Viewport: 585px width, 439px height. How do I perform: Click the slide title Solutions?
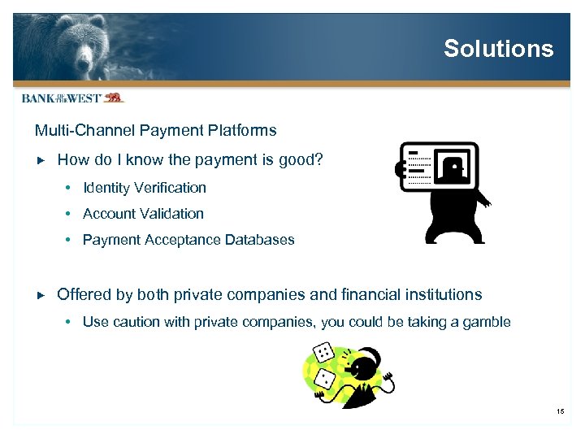click(498, 49)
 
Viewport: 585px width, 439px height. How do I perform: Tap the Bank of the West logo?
click(71, 98)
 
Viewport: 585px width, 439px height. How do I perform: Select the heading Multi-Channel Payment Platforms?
click(155, 130)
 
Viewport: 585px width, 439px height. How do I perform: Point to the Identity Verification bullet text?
click(145, 188)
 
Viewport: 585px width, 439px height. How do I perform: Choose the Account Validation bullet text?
click(143, 214)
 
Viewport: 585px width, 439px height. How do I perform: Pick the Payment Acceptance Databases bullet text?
click(188, 240)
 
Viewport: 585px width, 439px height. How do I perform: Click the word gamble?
click(486, 322)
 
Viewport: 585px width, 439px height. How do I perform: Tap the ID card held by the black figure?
click(440, 166)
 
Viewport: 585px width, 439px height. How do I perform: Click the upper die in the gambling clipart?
click(323, 353)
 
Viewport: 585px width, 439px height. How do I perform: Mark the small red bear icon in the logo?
click(113, 98)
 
